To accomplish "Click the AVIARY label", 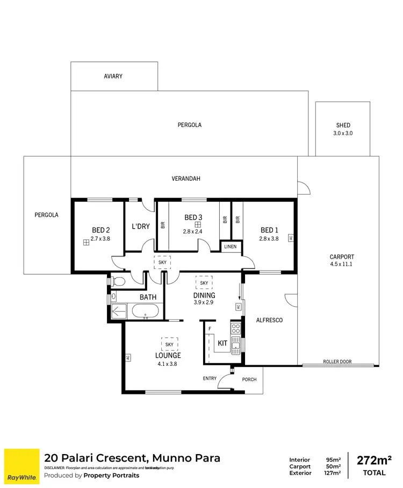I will coord(113,76).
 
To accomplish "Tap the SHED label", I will coord(343,125).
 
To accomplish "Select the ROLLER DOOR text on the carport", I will coord(337,362).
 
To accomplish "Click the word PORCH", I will coord(249,379).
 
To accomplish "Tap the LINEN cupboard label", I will coord(230,247).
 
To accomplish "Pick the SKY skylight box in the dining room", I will coord(204,282).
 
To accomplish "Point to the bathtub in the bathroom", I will coord(145,311).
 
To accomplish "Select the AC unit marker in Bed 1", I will coord(291,237).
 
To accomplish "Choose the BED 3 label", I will coord(193,217).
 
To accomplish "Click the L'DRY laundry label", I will coord(140,227).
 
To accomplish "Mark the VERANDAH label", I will coord(186,179).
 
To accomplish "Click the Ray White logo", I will coord(21,465).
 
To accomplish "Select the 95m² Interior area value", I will coord(333,459).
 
